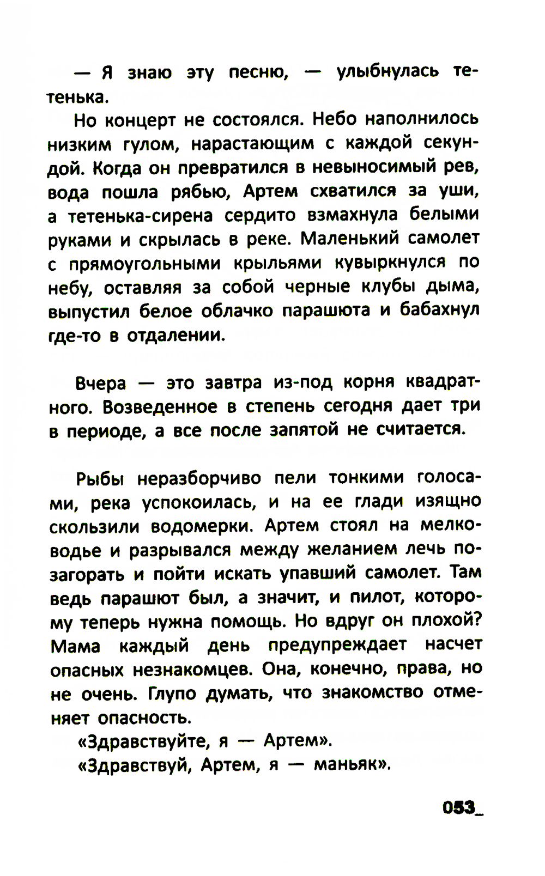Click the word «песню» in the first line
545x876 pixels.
257,72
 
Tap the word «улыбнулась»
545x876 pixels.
387,72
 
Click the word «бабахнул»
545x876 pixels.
439,311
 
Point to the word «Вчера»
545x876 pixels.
101,383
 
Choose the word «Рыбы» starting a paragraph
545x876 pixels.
100,479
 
